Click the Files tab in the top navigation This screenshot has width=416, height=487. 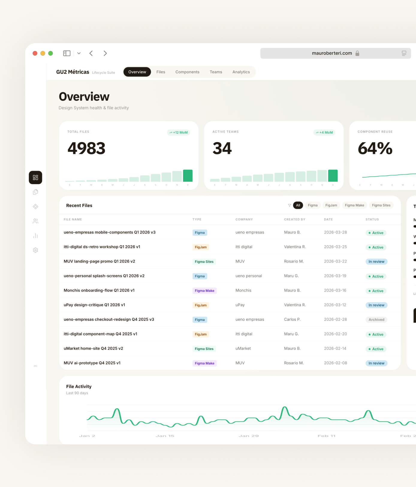[x=161, y=72]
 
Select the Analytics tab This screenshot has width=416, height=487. [x=241, y=72]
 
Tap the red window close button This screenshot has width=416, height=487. [x=35, y=53]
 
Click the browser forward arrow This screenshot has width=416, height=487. [x=105, y=53]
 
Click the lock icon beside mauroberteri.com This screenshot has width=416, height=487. [x=357, y=53]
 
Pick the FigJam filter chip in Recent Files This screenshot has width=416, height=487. [x=331, y=205]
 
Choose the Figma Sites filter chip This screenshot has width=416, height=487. [x=381, y=205]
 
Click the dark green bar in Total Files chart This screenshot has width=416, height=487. [x=188, y=176]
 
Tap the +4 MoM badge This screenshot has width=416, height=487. [x=324, y=133]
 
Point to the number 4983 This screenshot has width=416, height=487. [x=86, y=148]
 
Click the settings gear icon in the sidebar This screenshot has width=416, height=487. [x=35, y=250]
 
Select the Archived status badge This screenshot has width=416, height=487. [x=376, y=320]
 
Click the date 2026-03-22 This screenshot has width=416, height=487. [x=335, y=261]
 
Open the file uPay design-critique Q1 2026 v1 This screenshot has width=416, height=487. [x=94, y=305]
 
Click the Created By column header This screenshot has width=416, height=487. [x=294, y=220]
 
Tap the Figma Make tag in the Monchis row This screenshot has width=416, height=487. [x=204, y=291]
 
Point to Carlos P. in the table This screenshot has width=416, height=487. [x=292, y=320]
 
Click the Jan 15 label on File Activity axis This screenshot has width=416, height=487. [x=165, y=436]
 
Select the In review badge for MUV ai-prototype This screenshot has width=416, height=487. [x=376, y=363]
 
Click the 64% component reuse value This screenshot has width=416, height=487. [x=375, y=148]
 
